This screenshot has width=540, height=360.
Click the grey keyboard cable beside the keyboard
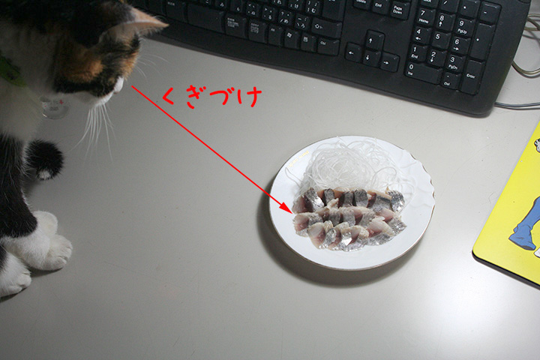(x=517, y=105)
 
